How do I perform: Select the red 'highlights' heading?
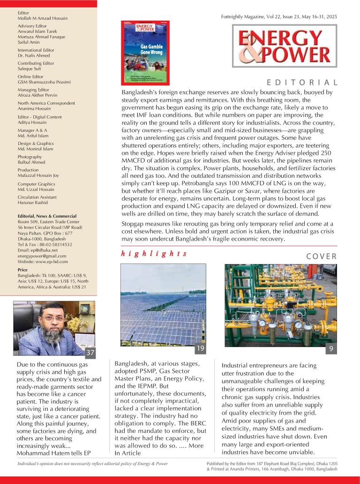(x=154, y=254)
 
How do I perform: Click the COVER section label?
(x=321, y=256)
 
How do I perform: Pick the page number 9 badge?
(x=331, y=348)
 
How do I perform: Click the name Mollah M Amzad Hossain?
(x=42, y=18)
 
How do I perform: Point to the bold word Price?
(x=22, y=270)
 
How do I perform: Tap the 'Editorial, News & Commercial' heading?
(x=46, y=216)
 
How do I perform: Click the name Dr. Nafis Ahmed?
(x=33, y=55)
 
